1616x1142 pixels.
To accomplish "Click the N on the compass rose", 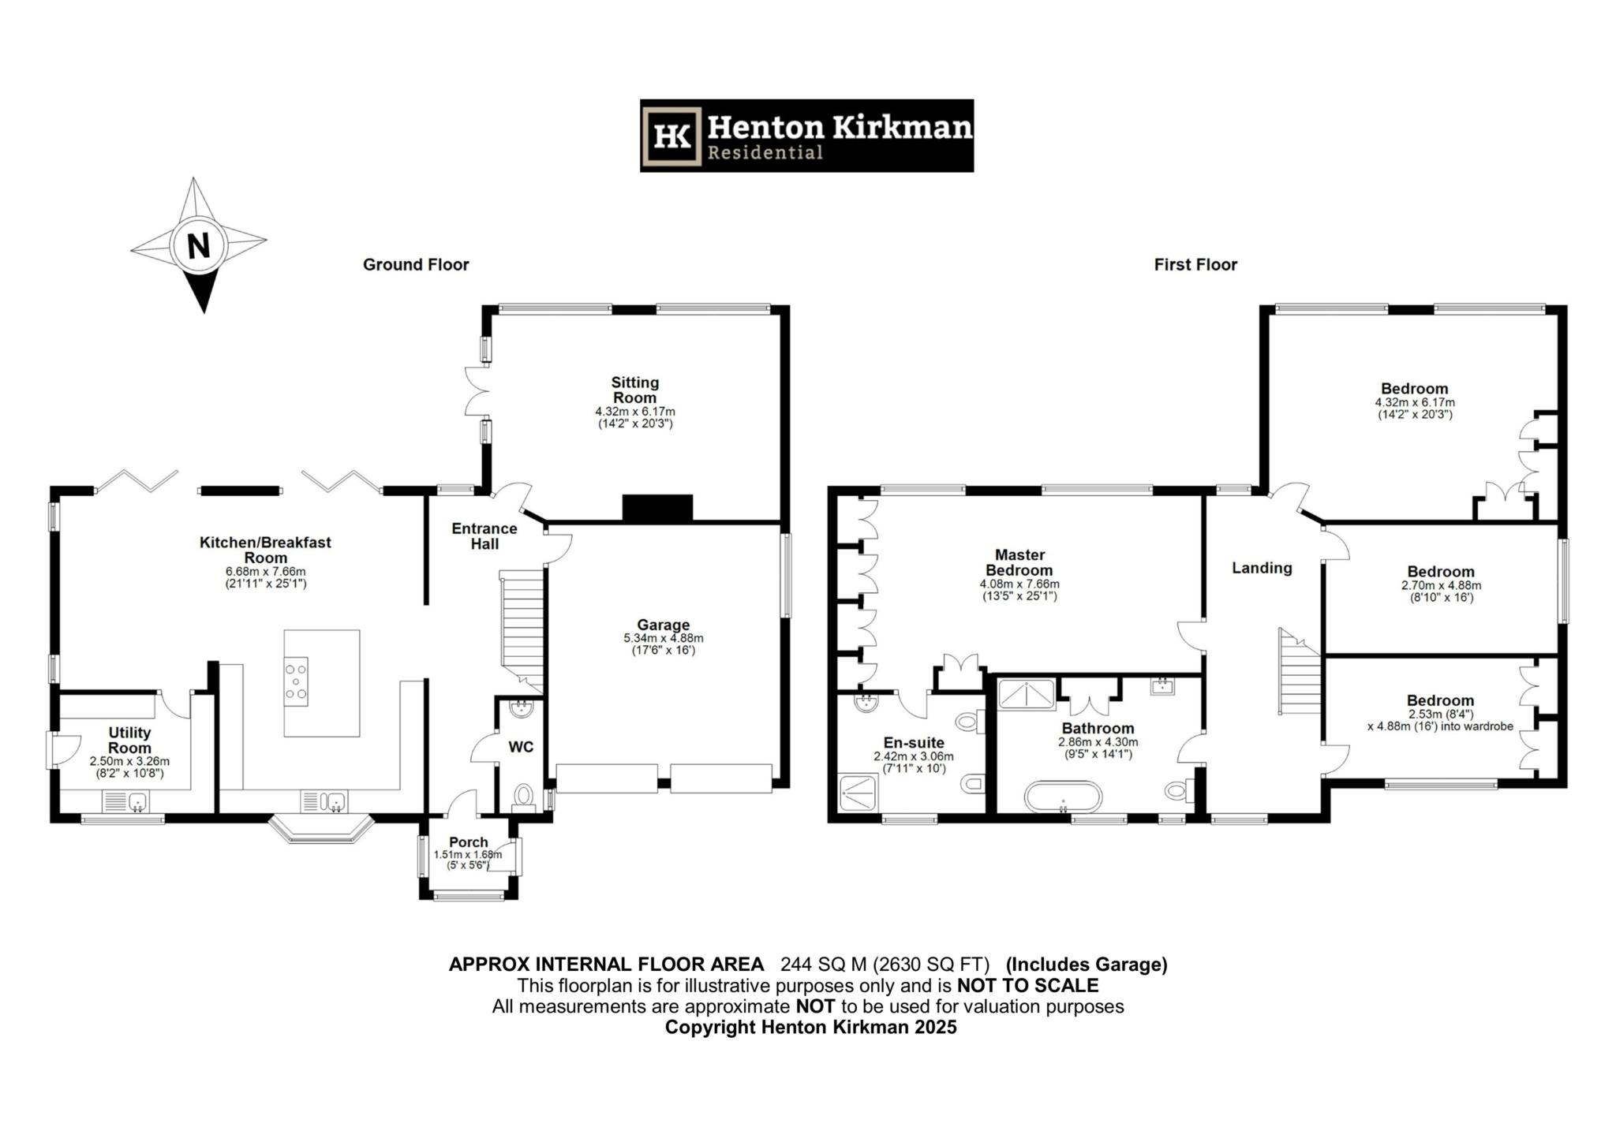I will [x=199, y=245].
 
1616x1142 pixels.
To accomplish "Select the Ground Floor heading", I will [x=416, y=265].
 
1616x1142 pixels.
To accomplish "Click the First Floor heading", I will [x=1195, y=265].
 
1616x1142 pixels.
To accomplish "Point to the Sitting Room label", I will [x=634, y=390].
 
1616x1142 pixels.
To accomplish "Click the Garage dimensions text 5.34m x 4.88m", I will [x=663, y=638].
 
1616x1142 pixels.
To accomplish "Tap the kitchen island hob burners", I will [x=297, y=681].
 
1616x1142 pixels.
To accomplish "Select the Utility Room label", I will [x=129, y=740].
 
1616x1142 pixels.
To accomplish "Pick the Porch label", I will [x=469, y=842].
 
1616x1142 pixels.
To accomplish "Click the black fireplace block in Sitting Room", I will [x=657, y=508].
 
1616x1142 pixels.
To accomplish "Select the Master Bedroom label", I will [x=1019, y=562].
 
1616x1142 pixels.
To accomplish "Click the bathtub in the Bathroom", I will [x=1062, y=797].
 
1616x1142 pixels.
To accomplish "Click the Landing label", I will [x=1262, y=568].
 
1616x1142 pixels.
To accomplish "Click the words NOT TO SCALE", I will [x=1027, y=985].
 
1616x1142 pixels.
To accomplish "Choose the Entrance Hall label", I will [x=484, y=536].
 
